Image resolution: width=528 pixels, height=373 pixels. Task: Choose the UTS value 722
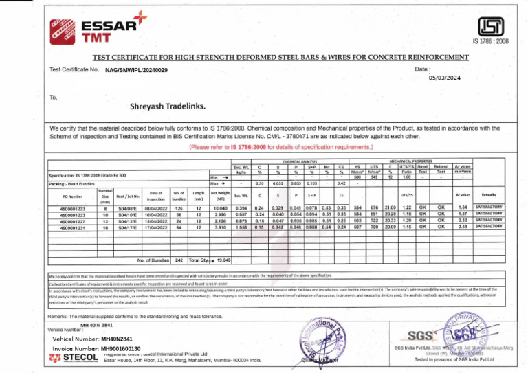(x=377, y=219)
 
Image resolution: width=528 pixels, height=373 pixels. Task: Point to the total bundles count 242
(x=179, y=261)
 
